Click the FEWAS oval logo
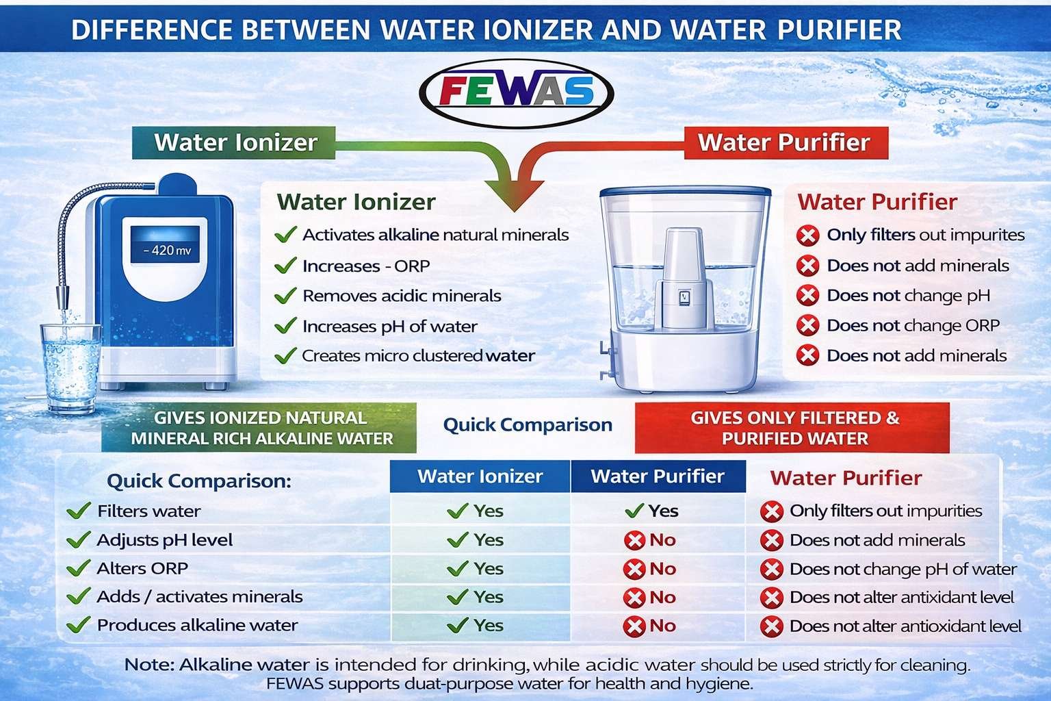(516, 93)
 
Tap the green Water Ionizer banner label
(233, 143)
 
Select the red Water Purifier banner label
(786, 143)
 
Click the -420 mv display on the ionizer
(165, 244)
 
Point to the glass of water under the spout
(70, 368)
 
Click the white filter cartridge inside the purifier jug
(684, 278)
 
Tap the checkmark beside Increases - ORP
(285, 266)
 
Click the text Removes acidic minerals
(402, 296)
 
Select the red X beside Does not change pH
(807, 296)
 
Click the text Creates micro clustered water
(419, 356)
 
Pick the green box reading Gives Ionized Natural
(259, 428)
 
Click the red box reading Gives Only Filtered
(792, 428)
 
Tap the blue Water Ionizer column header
(480, 476)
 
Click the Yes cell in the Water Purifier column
(652, 511)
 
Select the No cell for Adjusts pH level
(650, 540)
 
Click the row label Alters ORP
(142, 569)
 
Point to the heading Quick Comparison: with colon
(199, 481)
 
